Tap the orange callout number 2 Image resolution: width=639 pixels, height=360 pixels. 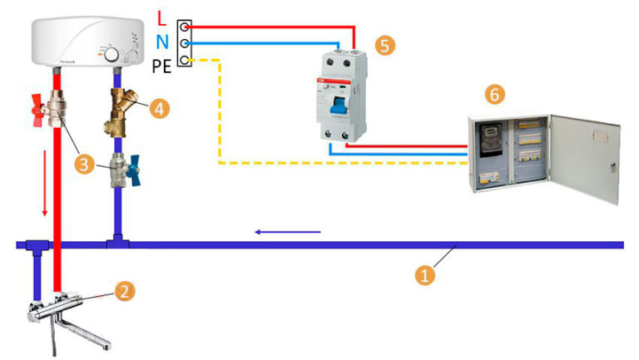click(123, 290)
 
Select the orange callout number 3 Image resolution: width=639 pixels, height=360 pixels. click(83, 163)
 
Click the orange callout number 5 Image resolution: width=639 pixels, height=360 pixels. click(384, 45)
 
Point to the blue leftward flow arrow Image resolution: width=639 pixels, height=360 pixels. click(287, 232)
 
